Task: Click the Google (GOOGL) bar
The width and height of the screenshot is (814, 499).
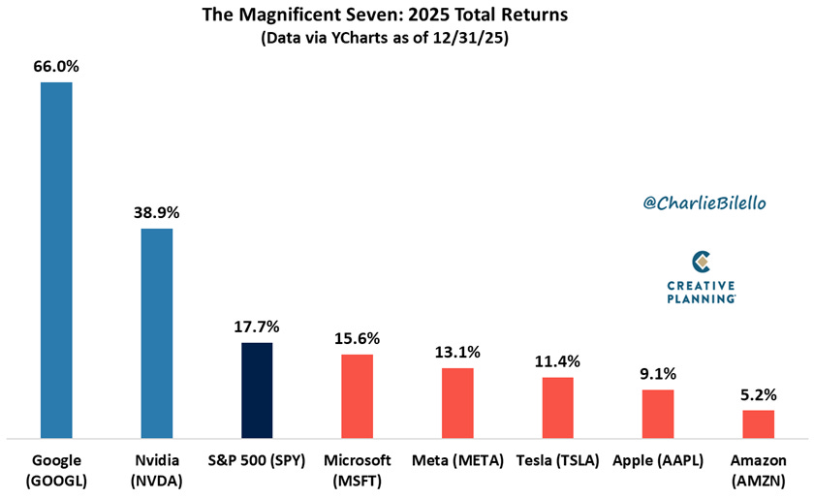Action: point(56,260)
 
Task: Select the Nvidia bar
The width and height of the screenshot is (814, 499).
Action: point(157,332)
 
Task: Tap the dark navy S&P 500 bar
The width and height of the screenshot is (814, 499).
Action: point(257,390)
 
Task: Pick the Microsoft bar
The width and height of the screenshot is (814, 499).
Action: point(357,395)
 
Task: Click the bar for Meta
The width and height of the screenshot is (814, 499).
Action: point(457,402)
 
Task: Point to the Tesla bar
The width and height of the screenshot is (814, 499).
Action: point(557,407)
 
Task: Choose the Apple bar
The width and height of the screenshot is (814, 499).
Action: point(658,413)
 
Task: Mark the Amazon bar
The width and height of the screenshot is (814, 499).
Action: point(758,423)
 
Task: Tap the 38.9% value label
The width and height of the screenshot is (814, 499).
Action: point(157,212)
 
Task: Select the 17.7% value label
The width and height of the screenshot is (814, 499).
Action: point(257,327)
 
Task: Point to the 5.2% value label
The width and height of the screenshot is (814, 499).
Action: point(758,394)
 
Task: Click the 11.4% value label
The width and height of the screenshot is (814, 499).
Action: point(557,361)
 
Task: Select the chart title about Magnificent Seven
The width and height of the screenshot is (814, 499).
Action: point(407,16)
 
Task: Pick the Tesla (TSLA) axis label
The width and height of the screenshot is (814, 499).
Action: point(557,459)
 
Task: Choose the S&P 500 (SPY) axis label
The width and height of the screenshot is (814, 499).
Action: point(257,459)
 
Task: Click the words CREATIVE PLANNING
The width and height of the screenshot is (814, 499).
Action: point(702,292)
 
